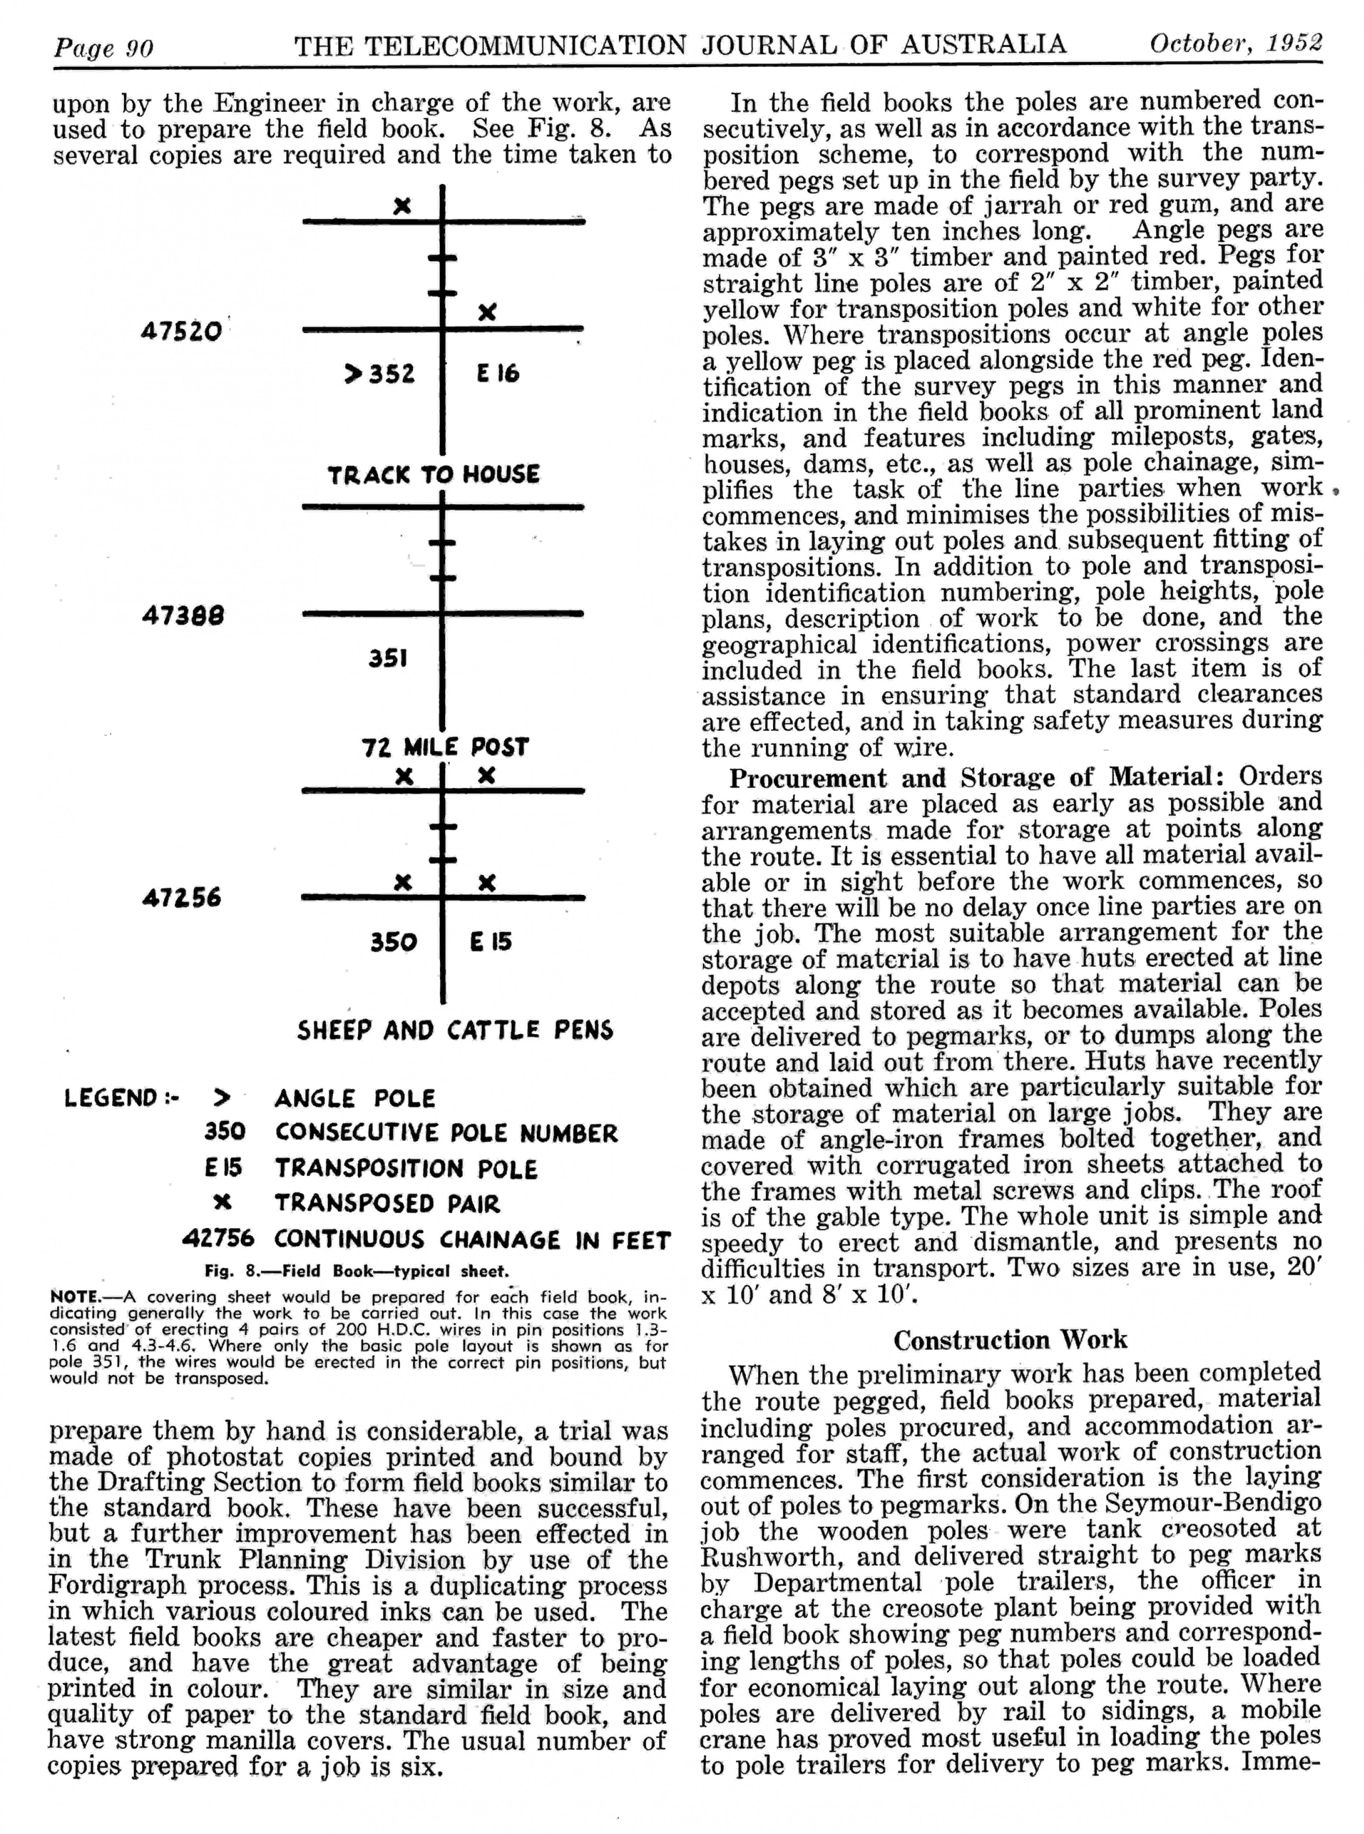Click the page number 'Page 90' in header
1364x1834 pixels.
click(x=103, y=48)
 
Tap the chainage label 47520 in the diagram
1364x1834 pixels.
click(x=181, y=332)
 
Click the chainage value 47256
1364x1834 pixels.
click(x=181, y=898)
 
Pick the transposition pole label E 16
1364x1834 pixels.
click(x=497, y=374)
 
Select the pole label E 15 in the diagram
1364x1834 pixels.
click(x=490, y=941)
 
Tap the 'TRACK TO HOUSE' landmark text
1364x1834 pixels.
click(x=434, y=475)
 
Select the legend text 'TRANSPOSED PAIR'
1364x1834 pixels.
click(x=387, y=1203)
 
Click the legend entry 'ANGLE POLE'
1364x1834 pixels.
click(x=354, y=1098)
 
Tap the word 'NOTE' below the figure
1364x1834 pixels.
click(x=74, y=1296)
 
